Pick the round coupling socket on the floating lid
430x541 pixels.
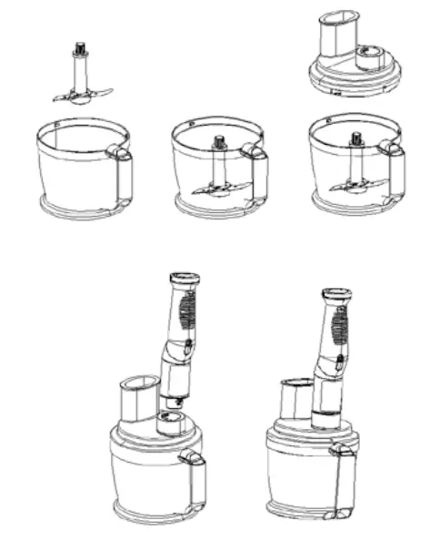371,58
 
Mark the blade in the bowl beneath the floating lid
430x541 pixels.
357,185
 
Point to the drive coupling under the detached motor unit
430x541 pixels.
172,399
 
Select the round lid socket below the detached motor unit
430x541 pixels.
170,421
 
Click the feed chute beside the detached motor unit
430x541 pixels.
138,398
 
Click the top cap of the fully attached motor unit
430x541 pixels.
337,295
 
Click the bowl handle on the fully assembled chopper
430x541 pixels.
342,478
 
